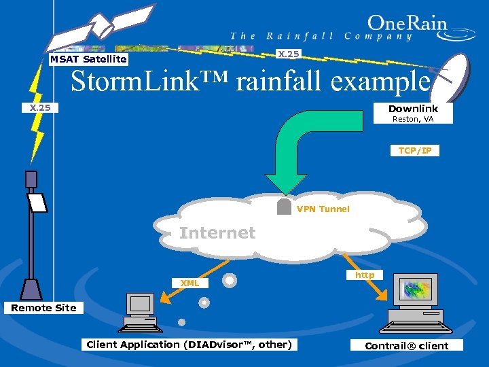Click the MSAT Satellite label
[x=88, y=59]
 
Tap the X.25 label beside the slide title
[x=289, y=54]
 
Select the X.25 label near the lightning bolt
[x=40, y=107]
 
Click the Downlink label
[x=413, y=109]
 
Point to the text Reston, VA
[x=413, y=120]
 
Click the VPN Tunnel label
[x=323, y=209]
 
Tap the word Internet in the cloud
[x=217, y=233]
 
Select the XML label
[x=189, y=283]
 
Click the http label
[x=365, y=275]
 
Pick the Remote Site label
[x=43, y=308]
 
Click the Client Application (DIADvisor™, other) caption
[x=189, y=345]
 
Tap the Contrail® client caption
[x=406, y=345]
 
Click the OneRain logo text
[x=407, y=24]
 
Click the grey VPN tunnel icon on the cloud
[x=285, y=207]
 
